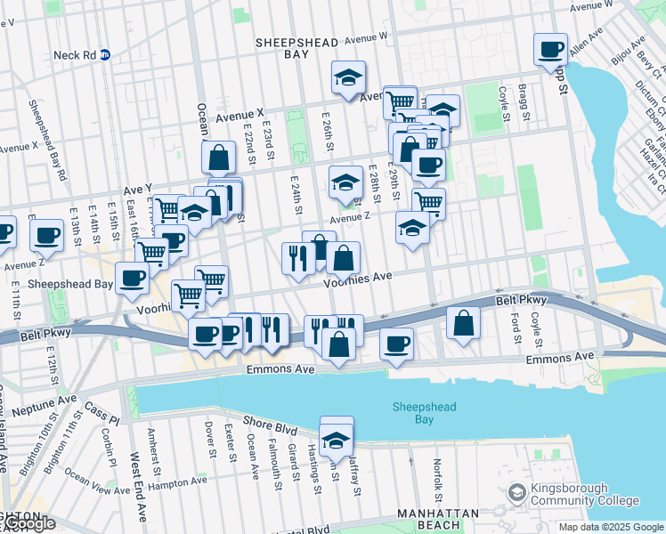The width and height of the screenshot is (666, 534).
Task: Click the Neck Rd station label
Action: (x=73, y=54)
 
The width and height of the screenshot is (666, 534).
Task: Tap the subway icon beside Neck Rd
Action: (x=104, y=54)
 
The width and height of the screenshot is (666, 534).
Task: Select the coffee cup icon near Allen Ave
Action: (x=550, y=49)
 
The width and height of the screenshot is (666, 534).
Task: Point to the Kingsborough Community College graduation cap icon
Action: (x=516, y=493)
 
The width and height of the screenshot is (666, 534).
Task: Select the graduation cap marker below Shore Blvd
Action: (x=337, y=440)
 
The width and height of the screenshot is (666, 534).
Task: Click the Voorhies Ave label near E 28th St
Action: (x=357, y=277)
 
